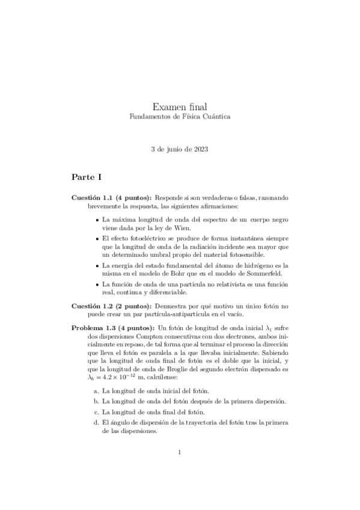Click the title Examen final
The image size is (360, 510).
coord(180,106)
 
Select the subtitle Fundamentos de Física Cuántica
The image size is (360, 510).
coord(180,117)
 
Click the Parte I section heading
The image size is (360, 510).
coord(88,177)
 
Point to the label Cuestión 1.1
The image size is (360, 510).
coord(93,197)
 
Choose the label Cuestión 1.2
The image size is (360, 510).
coord(93,306)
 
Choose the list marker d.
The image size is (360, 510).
coord(96,423)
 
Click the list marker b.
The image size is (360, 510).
coord(96,401)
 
